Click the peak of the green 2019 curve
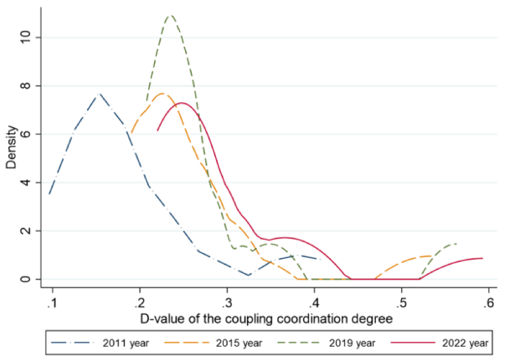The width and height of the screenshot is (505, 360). pos(171,15)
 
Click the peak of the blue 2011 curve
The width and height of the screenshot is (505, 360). pos(100,94)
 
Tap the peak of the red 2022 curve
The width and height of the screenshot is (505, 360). pos(182,103)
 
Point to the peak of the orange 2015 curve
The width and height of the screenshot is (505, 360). pos(163,94)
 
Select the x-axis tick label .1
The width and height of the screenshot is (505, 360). pos(52,304)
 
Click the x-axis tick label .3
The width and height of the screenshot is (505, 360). pos(227,304)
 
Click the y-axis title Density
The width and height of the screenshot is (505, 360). pos(11,145)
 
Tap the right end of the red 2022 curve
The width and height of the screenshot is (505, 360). pos(482,258)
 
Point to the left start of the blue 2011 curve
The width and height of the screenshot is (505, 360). pos(49,194)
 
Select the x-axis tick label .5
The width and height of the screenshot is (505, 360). pos(402,304)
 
